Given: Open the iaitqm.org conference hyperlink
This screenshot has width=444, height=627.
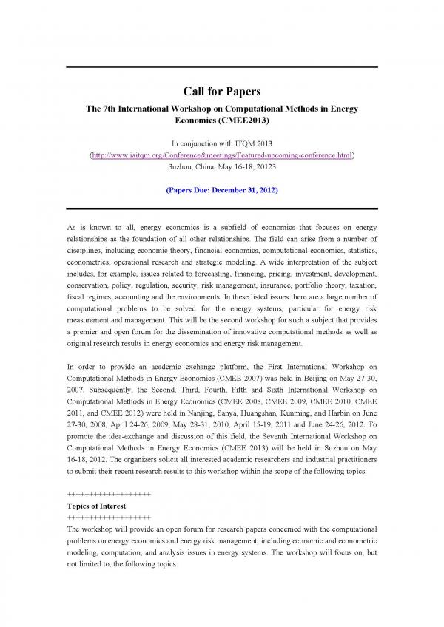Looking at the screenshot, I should point(222,156).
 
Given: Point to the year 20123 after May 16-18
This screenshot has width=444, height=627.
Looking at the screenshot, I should point(264,168).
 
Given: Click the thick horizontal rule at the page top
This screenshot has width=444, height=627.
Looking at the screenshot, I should point(222,67).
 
